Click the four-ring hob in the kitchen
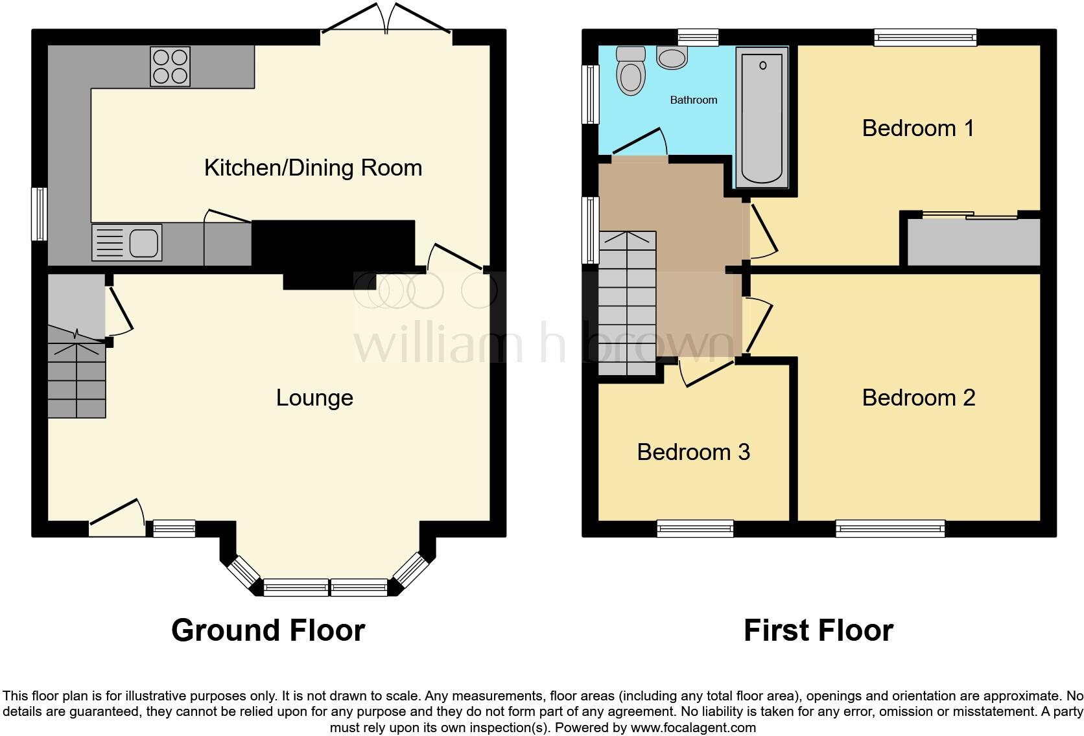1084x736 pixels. coord(170,66)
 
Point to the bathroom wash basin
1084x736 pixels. coord(672,58)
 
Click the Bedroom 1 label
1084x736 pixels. coord(917,128)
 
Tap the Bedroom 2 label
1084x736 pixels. coord(918,397)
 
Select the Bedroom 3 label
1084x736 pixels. coord(693,452)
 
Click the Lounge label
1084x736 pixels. coord(314,397)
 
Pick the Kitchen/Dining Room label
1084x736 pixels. coord(313,168)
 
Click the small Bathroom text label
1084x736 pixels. coord(693,100)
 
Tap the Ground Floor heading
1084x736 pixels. coord(268,630)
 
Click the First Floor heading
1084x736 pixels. coord(818,630)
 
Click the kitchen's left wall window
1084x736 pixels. coord(40,214)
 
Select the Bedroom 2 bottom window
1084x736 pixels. coord(890,529)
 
